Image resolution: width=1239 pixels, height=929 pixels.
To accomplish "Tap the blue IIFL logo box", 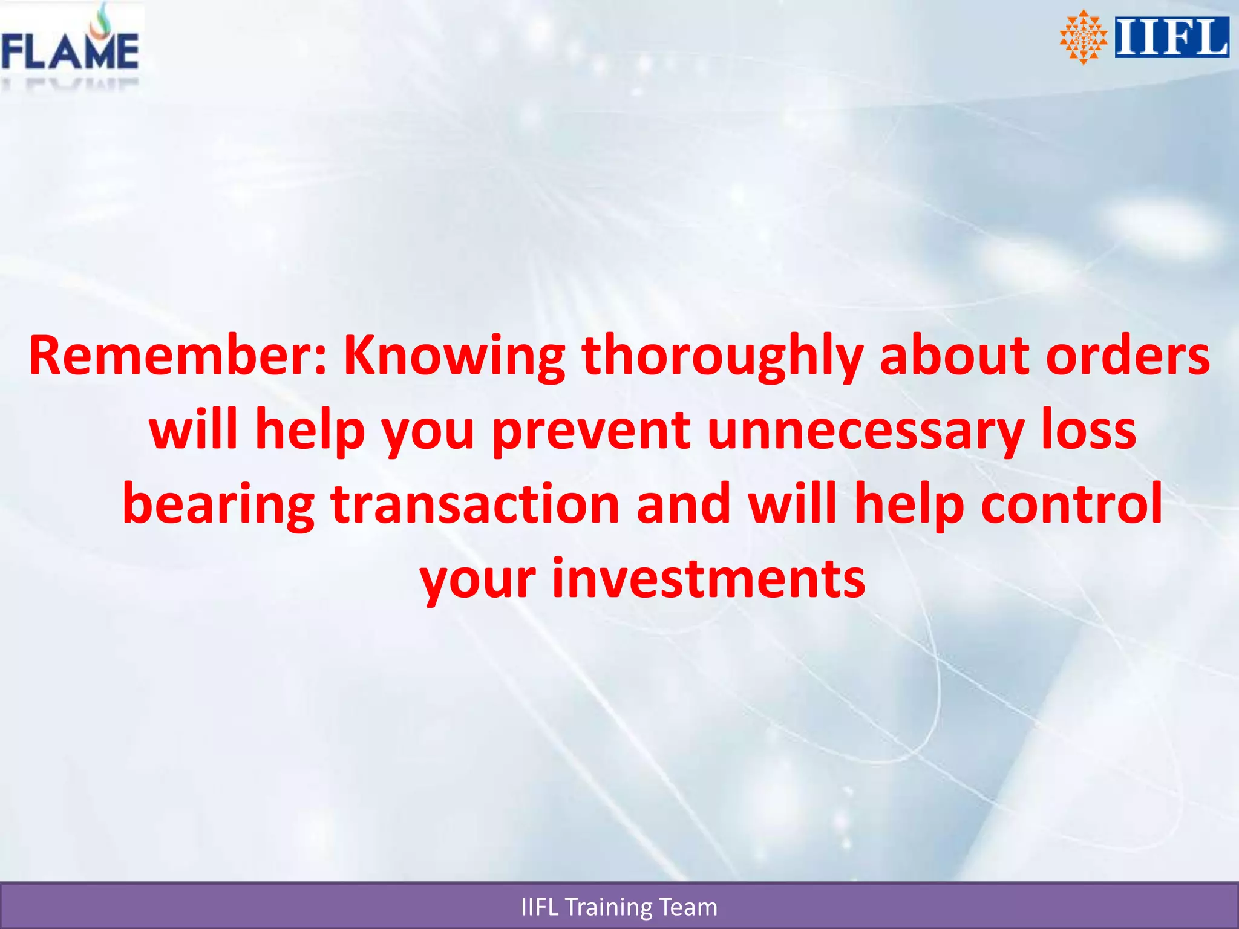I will pyautogui.click(x=1171, y=37).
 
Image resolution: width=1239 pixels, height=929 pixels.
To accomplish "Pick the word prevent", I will pyautogui.click(x=591, y=432).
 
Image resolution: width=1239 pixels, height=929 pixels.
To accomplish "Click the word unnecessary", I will pyautogui.click(x=865, y=432).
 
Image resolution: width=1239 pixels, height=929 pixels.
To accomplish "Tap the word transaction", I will pyautogui.click(x=475, y=504).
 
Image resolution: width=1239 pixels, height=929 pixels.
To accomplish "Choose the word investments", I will pyautogui.click(x=708, y=579).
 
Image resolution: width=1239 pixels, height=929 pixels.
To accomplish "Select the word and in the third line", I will pyautogui.click(x=683, y=504).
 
